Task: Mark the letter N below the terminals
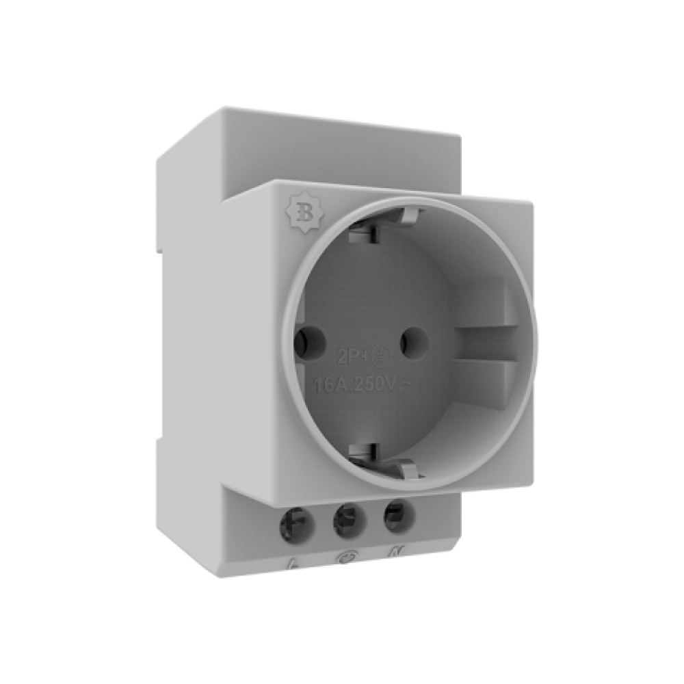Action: [395, 551]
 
